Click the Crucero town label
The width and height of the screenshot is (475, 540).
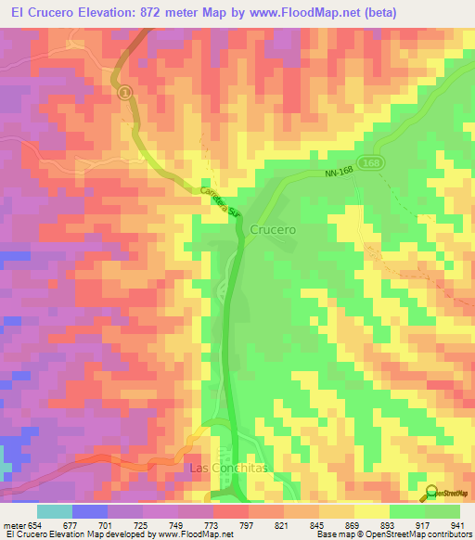click(x=273, y=229)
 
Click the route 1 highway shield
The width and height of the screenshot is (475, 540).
click(x=124, y=93)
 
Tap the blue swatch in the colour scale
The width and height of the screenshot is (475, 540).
click(x=90, y=511)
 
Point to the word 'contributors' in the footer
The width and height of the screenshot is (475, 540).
click(x=446, y=534)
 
